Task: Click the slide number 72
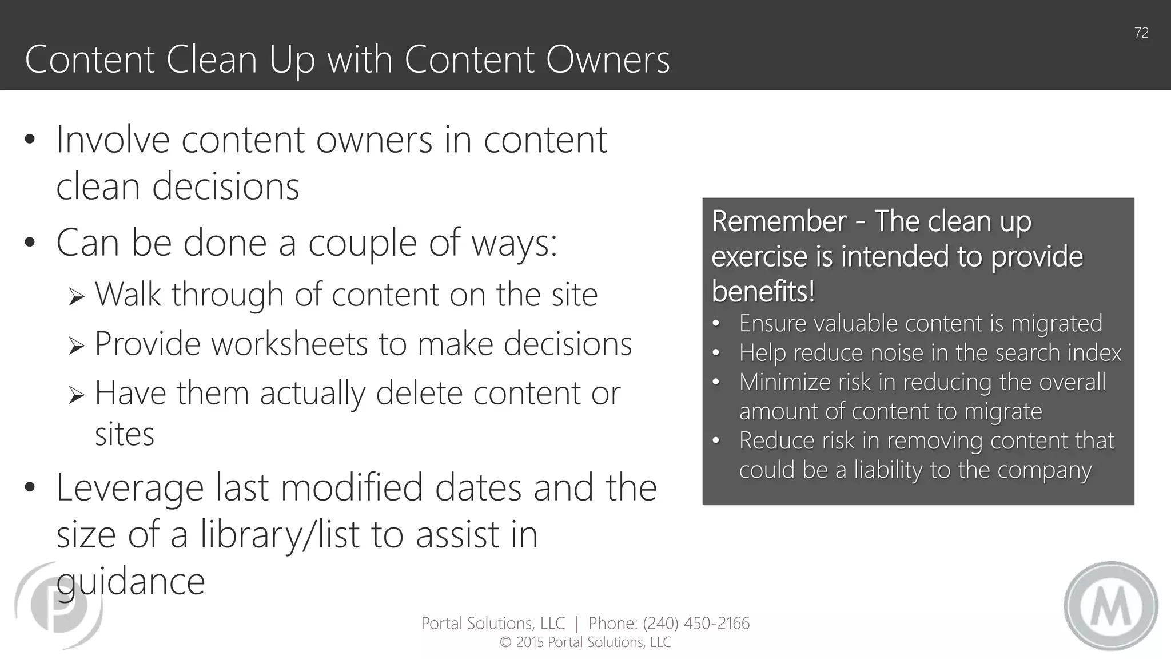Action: [x=1141, y=33]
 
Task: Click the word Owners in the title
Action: [x=608, y=59]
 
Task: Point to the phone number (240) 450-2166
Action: [x=696, y=623]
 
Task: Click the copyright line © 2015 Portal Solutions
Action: [x=585, y=642]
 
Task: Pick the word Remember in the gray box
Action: [x=779, y=221]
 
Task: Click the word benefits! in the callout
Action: [x=763, y=292]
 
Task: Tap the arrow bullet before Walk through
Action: [x=76, y=296]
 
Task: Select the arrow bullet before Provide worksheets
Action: [x=76, y=346]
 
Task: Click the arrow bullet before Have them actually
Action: [x=76, y=395]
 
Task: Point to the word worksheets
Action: [x=289, y=344]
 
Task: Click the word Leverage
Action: [x=130, y=487]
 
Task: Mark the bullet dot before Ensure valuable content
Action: [x=716, y=324]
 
